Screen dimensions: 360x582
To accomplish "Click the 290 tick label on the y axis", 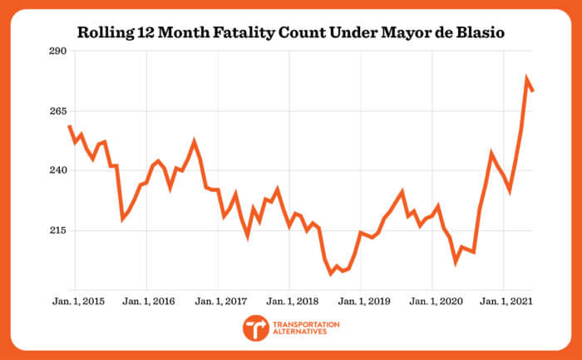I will [57, 52].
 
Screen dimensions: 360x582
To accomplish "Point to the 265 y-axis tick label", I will [57, 111].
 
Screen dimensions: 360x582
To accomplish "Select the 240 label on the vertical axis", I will [57, 170].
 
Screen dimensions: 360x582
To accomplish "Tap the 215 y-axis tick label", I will [57, 230].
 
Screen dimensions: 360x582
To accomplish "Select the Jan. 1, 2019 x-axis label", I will [362, 300].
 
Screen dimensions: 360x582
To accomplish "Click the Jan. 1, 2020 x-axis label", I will [433, 300].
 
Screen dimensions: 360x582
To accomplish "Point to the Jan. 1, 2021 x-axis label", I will [505, 300].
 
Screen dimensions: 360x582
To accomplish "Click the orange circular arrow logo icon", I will [256, 328].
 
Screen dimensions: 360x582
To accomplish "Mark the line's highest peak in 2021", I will [526, 79].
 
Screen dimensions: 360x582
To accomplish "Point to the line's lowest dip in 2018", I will [330, 273].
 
